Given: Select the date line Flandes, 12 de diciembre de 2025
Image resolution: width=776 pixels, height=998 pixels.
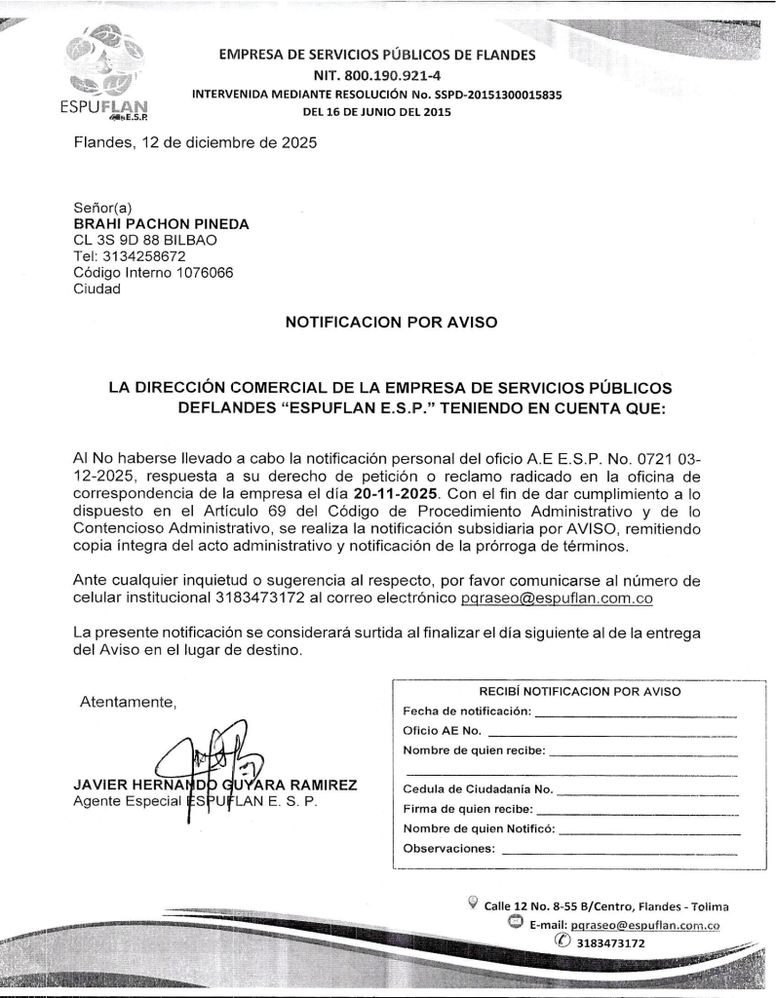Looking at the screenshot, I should coord(194,144).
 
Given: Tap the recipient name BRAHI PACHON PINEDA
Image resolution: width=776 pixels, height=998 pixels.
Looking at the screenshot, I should coord(161,223).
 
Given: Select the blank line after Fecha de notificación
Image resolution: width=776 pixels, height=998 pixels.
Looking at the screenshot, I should coord(635,715).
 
